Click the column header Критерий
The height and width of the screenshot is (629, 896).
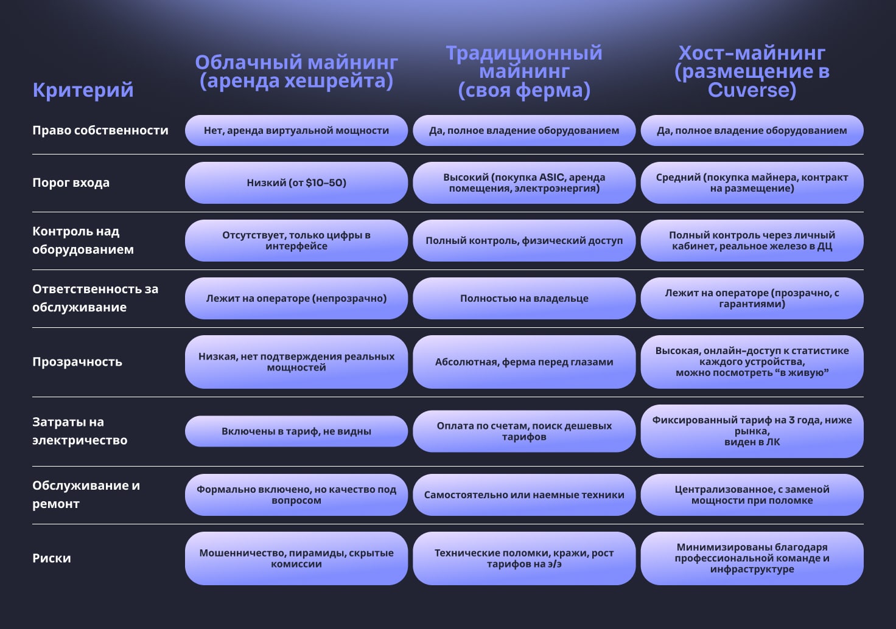tap(83, 90)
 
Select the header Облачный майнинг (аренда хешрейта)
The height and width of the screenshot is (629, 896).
tap(296, 72)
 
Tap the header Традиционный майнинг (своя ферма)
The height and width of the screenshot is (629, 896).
tap(524, 72)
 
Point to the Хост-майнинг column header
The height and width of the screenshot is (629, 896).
tap(752, 72)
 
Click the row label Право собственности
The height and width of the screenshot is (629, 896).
tap(100, 130)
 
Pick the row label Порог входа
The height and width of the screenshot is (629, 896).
tap(71, 182)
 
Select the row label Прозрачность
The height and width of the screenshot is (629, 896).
tap(77, 362)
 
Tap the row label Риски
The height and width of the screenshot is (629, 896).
tap(52, 558)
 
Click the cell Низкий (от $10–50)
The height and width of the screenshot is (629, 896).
tap(296, 182)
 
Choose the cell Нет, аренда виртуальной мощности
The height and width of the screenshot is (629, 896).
tap(296, 130)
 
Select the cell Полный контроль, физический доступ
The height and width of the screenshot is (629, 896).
tap(524, 241)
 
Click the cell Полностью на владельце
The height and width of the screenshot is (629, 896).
tap(524, 299)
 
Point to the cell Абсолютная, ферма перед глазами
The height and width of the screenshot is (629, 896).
tap(524, 362)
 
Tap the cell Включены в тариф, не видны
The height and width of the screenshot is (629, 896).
tap(296, 431)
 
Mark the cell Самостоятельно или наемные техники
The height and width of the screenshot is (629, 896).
tap(524, 495)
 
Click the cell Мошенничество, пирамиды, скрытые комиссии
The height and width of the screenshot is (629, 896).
tap(296, 558)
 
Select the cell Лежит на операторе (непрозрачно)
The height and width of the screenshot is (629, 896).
tap(296, 299)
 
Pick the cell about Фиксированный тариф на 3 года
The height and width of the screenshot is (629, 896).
tap(752, 431)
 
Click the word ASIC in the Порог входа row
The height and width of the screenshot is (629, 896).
tap(551, 178)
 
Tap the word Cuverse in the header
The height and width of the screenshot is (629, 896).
tap(752, 91)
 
